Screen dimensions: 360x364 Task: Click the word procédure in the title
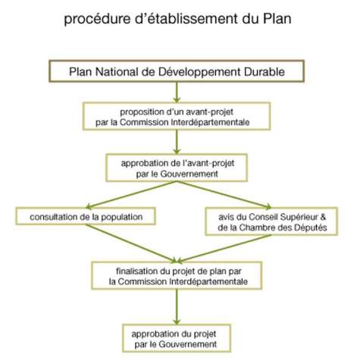tap(97, 19)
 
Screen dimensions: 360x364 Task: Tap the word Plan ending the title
tap(277, 18)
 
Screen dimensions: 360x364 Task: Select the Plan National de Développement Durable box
tap(177, 71)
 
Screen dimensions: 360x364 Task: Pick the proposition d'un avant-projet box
tap(177, 116)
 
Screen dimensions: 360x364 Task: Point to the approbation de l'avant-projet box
tap(177, 168)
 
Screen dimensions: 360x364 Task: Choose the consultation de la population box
tap(86, 216)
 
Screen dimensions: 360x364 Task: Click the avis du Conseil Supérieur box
tap(271, 221)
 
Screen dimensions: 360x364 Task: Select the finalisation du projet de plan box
tap(177, 275)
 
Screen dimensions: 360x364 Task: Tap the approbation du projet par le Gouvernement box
tap(177, 338)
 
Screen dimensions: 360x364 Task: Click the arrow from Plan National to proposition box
tap(177, 93)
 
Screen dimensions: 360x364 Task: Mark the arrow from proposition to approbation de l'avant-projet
tap(177, 142)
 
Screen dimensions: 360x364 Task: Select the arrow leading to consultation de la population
tap(131, 195)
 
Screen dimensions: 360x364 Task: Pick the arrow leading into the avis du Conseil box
tap(224, 195)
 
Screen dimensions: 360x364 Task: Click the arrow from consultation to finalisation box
tap(131, 243)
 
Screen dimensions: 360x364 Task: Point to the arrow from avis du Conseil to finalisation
tap(224, 249)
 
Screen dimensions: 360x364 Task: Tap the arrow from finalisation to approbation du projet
tap(177, 307)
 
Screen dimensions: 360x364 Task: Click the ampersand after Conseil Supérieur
tap(323, 217)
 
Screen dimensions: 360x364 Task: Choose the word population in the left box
tap(122, 217)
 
